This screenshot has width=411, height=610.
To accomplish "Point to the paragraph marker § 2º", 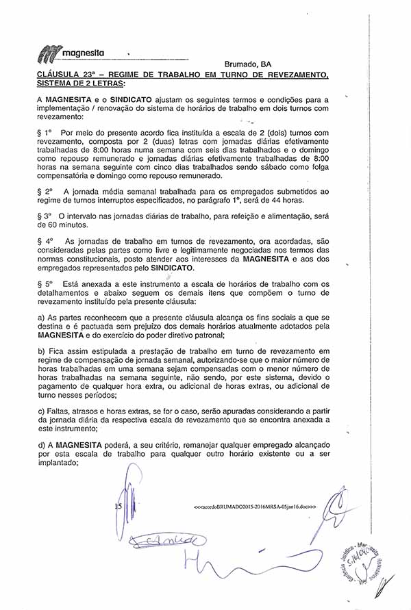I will point(45,191).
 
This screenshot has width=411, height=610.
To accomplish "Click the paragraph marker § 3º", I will point(45,215).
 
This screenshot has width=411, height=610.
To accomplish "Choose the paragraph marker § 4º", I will point(45,241).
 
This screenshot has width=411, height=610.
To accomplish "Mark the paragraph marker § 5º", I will point(45,283).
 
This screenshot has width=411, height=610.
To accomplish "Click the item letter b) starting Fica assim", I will point(42,351).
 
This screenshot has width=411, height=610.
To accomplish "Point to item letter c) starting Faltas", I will point(42,411).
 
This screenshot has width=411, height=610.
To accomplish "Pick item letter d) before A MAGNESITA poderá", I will point(42,445).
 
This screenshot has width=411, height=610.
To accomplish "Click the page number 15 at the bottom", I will point(118,507).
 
